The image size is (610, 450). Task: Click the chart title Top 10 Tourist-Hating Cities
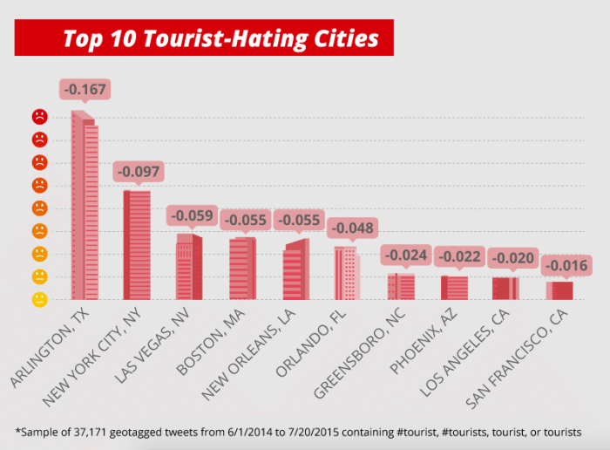(x=220, y=39)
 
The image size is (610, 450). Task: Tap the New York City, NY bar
(x=137, y=244)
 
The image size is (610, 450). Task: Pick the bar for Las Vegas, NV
(x=189, y=266)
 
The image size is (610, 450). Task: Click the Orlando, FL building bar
(x=346, y=273)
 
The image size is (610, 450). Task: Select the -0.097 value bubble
(x=138, y=172)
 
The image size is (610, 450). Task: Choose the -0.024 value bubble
(x=405, y=256)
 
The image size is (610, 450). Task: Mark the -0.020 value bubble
(x=512, y=258)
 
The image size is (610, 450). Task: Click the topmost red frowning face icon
(x=39, y=116)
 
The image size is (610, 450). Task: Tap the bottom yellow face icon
(x=39, y=300)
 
